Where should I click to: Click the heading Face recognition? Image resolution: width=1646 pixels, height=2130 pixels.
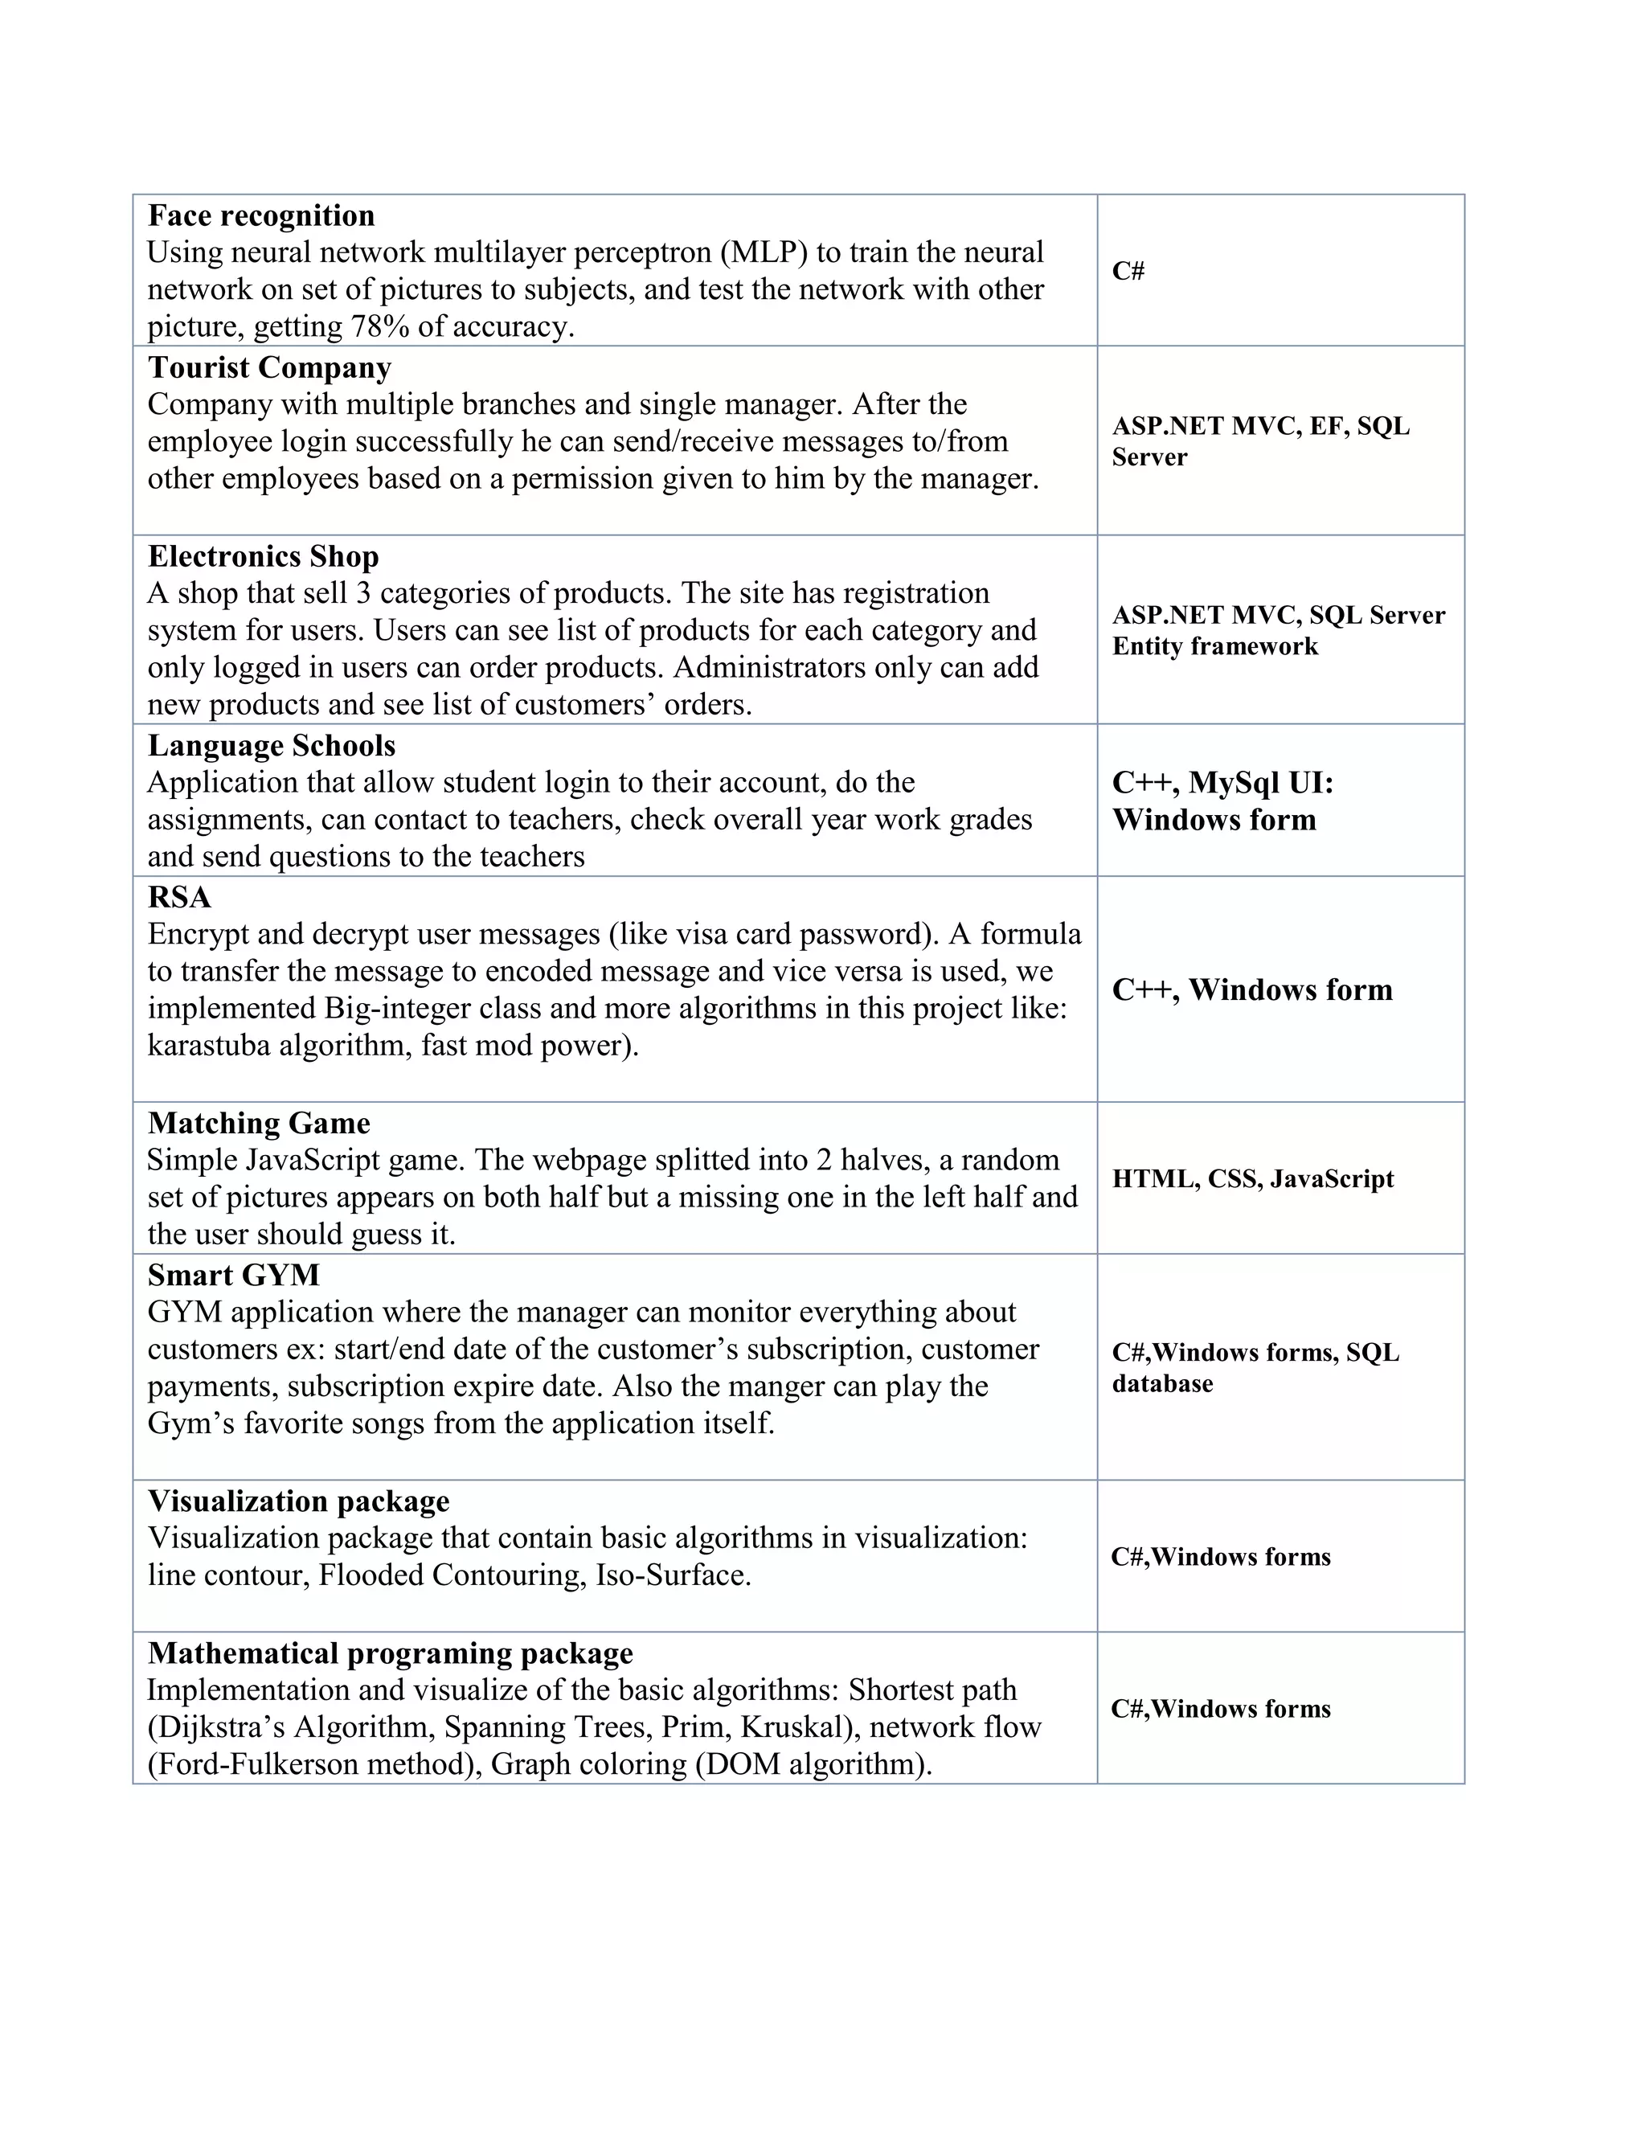[x=260, y=215]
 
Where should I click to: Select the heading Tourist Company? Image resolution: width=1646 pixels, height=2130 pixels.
[x=269, y=367]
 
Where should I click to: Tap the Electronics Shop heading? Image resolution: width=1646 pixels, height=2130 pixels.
[x=264, y=557]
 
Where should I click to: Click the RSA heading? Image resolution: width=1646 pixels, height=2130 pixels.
[x=179, y=897]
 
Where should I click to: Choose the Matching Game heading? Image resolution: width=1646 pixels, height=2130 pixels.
[x=259, y=1124]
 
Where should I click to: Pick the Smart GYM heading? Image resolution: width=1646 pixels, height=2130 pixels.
[x=233, y=1276]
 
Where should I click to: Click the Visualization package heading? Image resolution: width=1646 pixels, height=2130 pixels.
[x=298, y=1501]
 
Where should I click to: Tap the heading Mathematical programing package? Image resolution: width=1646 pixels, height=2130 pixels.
[x=390, y=1653]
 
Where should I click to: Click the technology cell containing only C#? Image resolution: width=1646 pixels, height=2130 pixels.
[x=1128, y=271]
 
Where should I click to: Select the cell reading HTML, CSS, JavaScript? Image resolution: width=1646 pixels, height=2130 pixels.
[x=1253, y=1179]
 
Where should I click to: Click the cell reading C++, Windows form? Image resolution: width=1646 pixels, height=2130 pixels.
[x=1252, y=990]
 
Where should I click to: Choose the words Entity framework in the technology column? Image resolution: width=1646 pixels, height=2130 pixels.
[x=1215, y=646]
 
